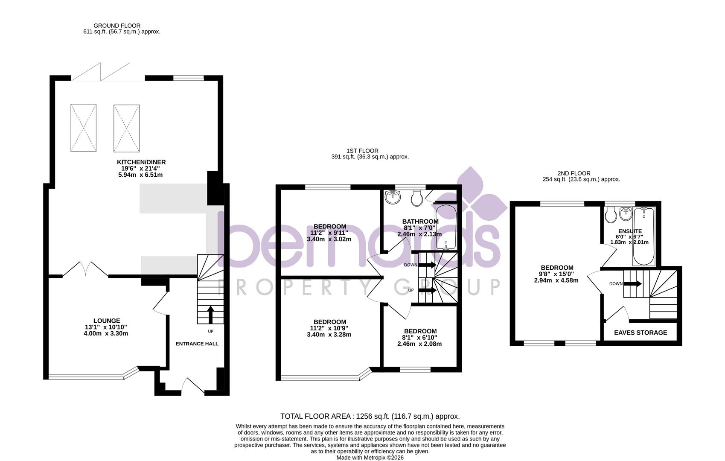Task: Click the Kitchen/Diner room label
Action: pos(141,162)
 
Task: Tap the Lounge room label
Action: pos(107,321)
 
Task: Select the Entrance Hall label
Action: pos(197,344)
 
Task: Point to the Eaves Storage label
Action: pos(640,333)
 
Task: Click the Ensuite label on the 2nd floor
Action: pos(630,231)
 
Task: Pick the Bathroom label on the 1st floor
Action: pos(420,222)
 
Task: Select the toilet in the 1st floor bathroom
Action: pos(417,197)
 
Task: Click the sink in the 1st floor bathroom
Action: pos(393,197)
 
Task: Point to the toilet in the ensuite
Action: pos(610,214)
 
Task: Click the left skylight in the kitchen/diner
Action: pos(83,128)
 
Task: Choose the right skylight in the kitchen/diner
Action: pos(126,128)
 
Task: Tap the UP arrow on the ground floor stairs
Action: pos(210,315)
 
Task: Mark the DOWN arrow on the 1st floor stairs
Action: pos(427,265)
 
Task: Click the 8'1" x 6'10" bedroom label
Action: pos(420,331)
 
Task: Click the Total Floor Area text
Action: pos(370,416)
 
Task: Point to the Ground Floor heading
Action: pos(117,26)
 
